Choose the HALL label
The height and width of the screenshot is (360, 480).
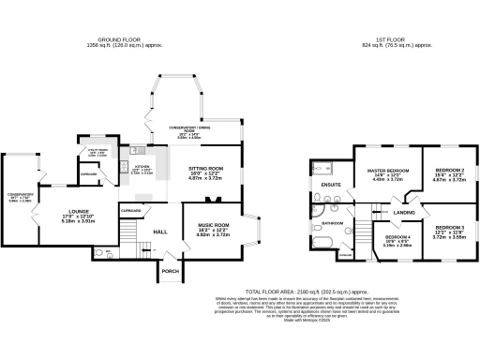[x=159, y=231]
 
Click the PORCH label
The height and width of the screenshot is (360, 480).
[x=170, y=271]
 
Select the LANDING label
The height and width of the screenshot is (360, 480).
[x=404, y=214]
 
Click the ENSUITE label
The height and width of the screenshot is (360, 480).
[x=330, y=185]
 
